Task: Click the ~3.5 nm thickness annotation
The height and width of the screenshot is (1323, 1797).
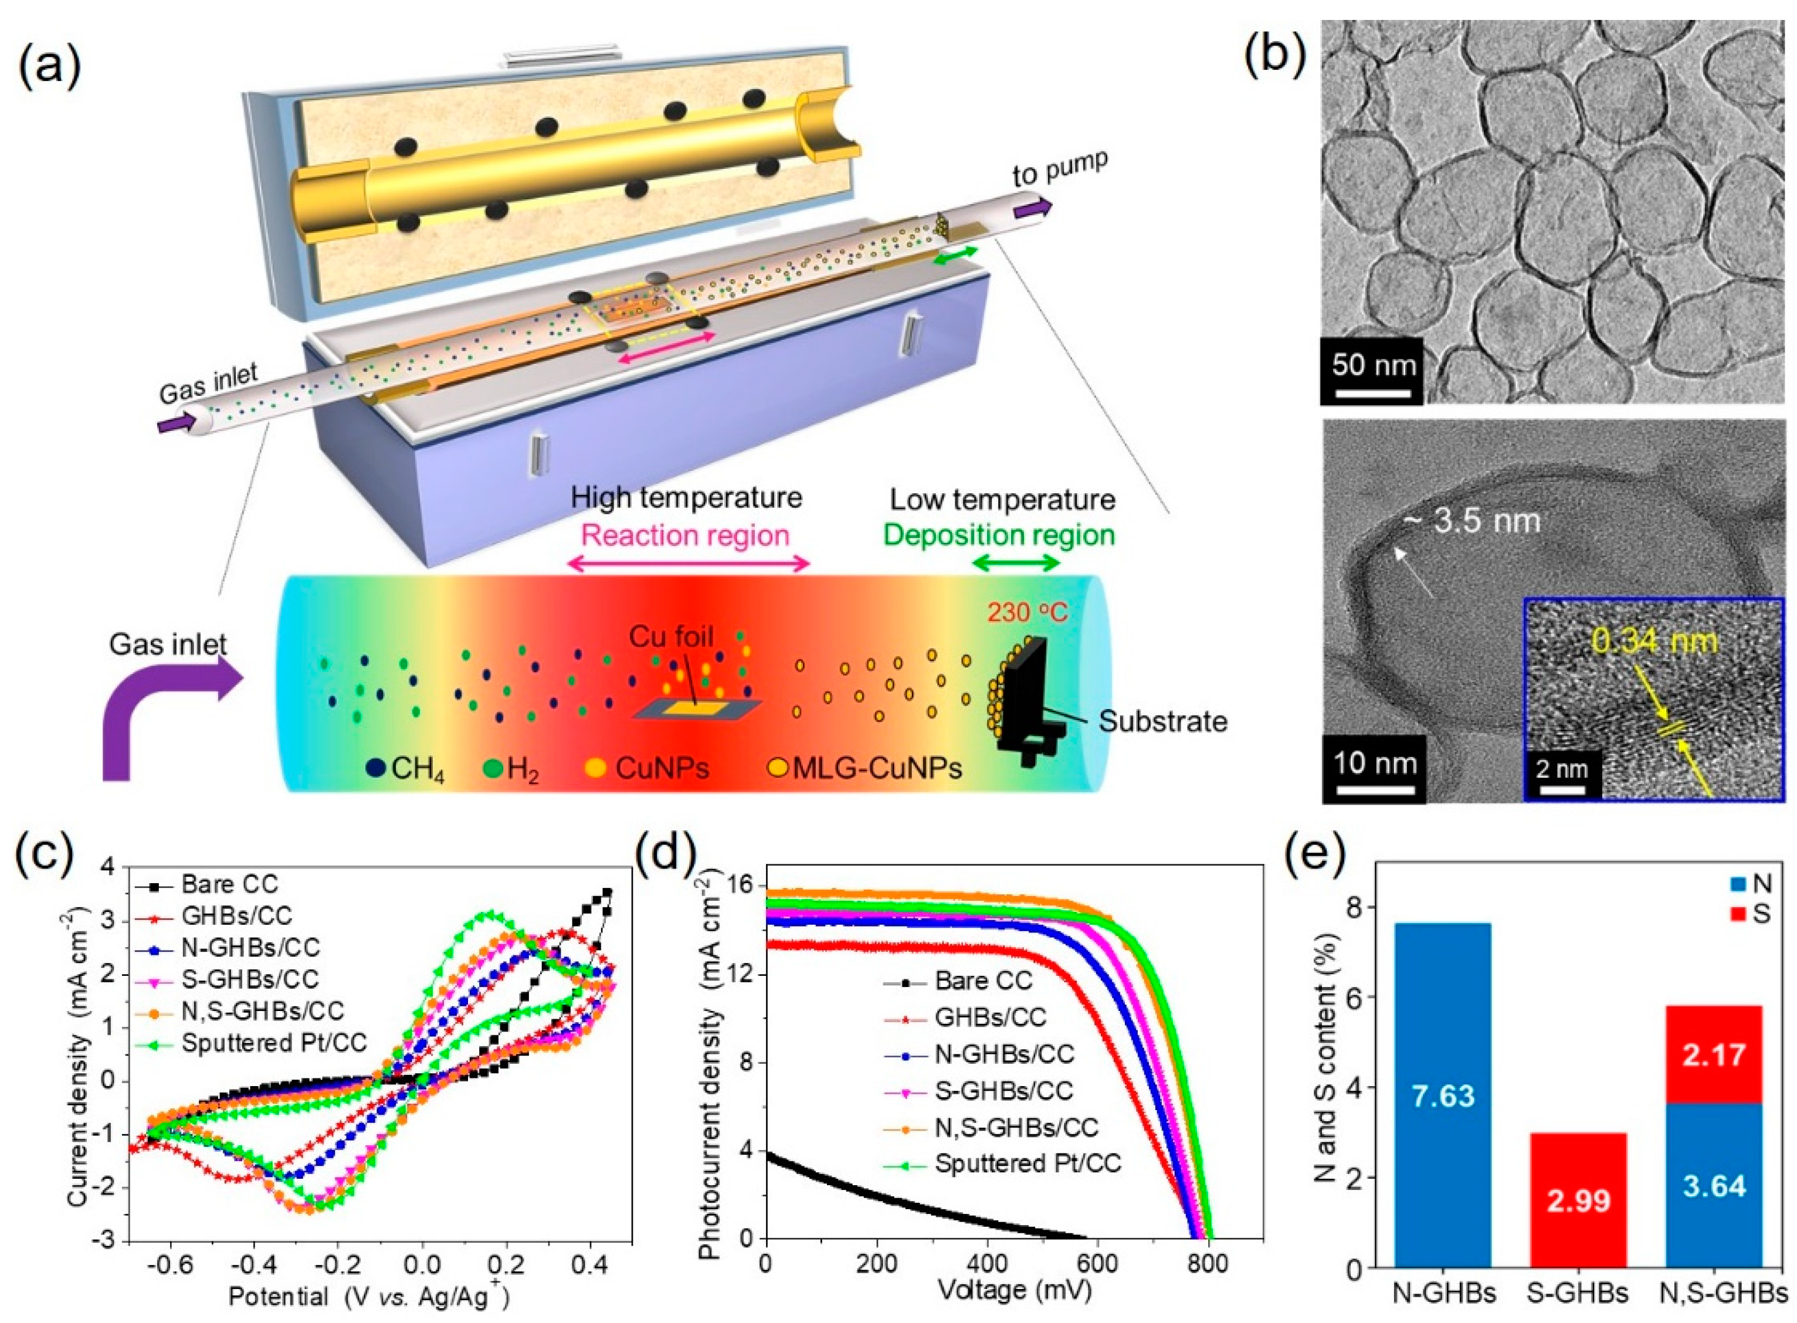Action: [x=1470, y=521]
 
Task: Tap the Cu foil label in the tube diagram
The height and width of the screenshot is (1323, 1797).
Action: [x=671, y=637]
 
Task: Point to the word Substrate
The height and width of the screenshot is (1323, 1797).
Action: [x=1163, y=721]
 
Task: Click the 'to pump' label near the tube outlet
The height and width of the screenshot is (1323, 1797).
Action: [x=1060, y=171]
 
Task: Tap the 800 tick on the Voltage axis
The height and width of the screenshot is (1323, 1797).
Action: [x=1209, y=1263]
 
